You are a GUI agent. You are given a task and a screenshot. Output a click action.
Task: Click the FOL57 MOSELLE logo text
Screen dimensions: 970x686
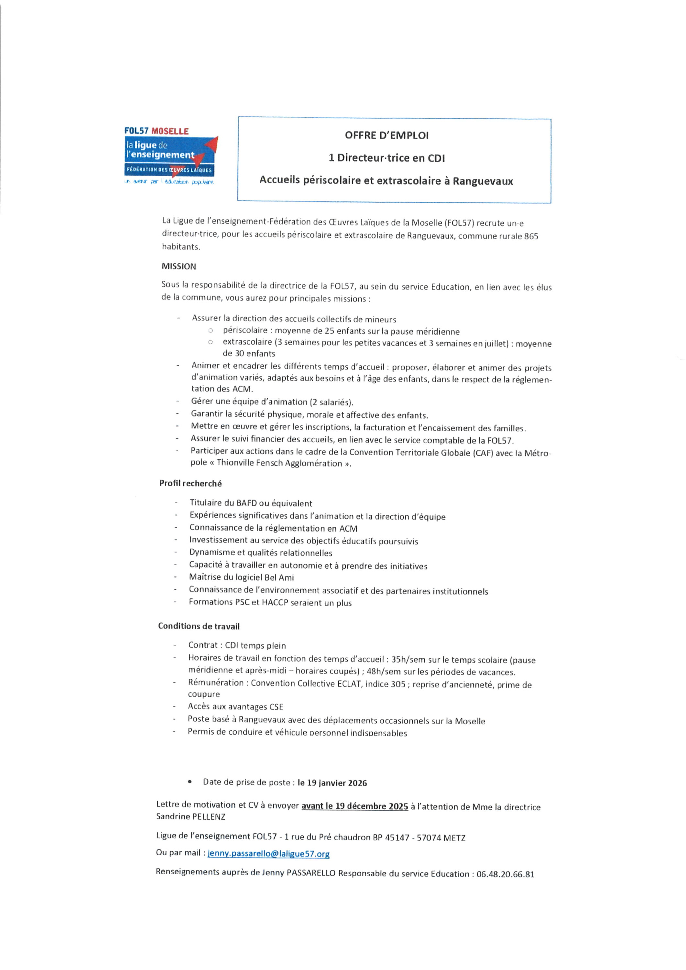coord(157,131)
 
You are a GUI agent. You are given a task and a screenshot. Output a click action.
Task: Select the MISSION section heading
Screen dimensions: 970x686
coord(179,266)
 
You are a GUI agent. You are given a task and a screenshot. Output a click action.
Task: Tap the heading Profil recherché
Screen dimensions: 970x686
coord(190,483)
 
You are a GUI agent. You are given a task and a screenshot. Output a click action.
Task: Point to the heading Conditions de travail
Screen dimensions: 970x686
coord(199,626)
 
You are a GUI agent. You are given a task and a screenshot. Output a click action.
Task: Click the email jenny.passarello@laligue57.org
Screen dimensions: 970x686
coord(268,854)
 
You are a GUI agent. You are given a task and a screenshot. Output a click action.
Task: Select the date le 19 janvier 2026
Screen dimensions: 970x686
coord(332,783)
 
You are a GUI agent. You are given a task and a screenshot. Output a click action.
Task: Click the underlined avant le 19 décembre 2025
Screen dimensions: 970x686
coord(354,806)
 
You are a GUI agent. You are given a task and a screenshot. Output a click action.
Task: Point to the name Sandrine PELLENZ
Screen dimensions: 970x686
coord(191,817)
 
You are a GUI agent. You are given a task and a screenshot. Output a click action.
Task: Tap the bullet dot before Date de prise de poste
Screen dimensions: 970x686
coord(190,782)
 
